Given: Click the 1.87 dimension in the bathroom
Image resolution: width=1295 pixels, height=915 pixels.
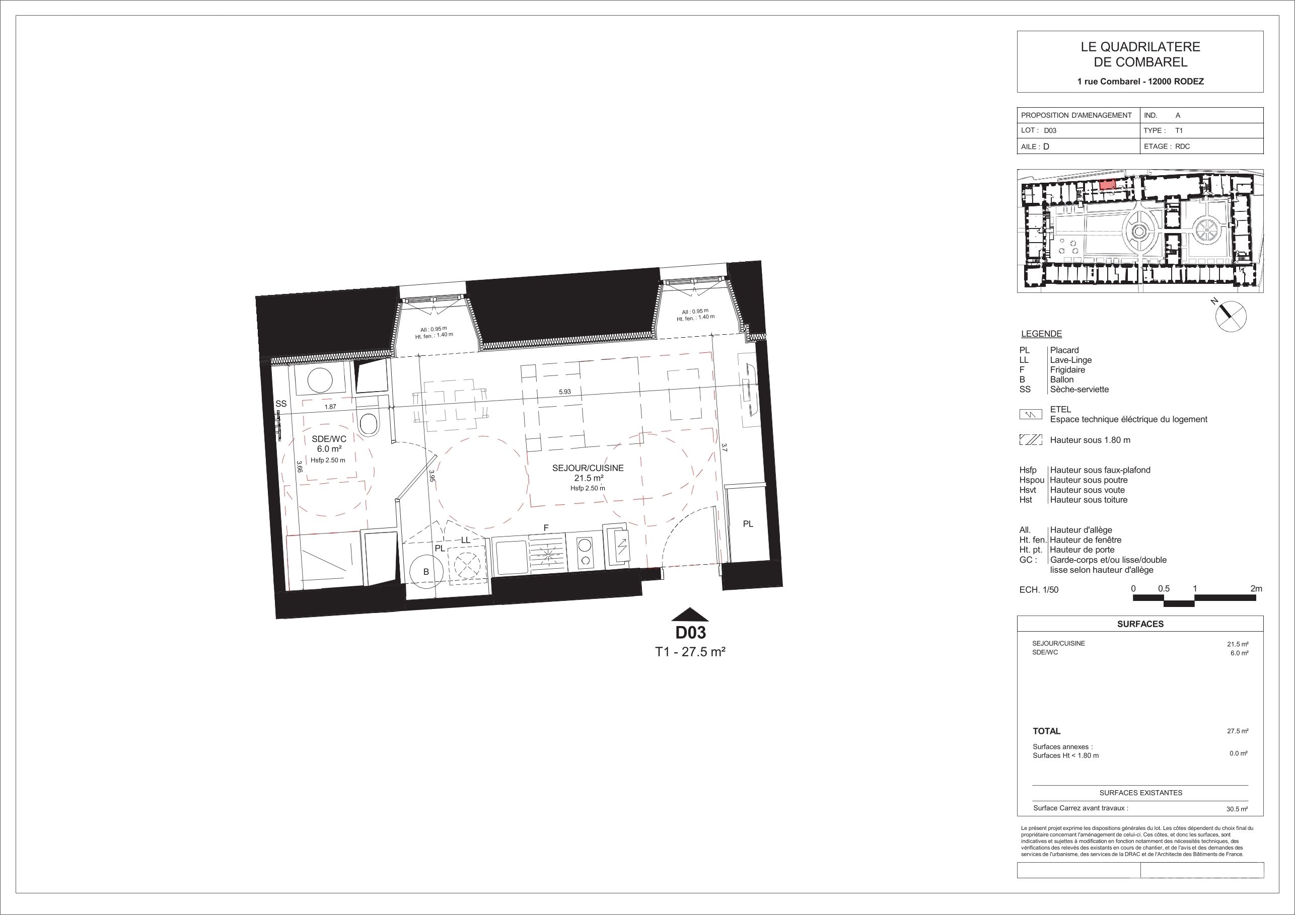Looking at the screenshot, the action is tap(330, 407).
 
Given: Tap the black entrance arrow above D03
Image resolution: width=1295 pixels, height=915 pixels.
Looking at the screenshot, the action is tap(690, 615).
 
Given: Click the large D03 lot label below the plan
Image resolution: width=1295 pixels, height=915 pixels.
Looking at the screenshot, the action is tap(690, 633).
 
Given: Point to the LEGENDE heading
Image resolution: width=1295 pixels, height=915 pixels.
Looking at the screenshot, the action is tap(1041, 334).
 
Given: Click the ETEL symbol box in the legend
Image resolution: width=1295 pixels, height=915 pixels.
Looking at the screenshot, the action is tap(1031, 415).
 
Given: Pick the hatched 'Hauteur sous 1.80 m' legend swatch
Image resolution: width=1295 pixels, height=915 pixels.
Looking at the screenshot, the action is tap(1031, 440).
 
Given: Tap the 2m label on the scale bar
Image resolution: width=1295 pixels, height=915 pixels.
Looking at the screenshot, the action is tap(1256, 588).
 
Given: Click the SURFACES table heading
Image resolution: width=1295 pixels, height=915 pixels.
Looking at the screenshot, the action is tap(1140, 624).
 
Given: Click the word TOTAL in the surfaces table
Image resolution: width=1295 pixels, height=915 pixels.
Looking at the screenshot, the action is tap(1046, 731).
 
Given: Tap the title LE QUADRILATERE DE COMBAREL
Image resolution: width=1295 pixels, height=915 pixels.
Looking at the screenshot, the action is tap(1140, 55).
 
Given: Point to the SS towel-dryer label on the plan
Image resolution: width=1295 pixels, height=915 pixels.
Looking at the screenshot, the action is tap(281, 404).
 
